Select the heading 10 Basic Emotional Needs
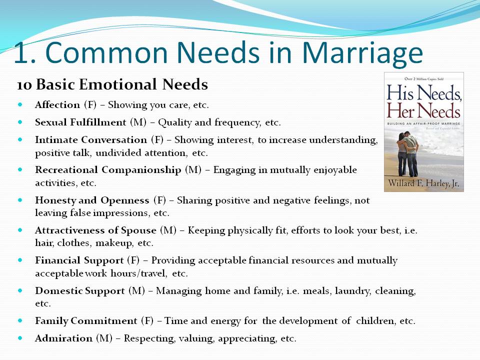point(112,84)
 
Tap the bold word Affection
point(57,104)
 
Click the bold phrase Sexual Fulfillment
point(80,122)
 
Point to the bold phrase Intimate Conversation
point(91,139)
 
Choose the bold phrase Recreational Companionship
point(108,169)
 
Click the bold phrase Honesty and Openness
point(92,200)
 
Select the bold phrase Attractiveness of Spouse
point(95,230)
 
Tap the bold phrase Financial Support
point(79,260)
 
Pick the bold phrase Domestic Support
point(80,290)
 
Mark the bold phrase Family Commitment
point(86,320)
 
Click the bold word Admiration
point(63,338)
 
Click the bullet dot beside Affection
point(20,104)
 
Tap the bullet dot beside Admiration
point(20,338)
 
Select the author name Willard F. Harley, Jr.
point(423,183)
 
